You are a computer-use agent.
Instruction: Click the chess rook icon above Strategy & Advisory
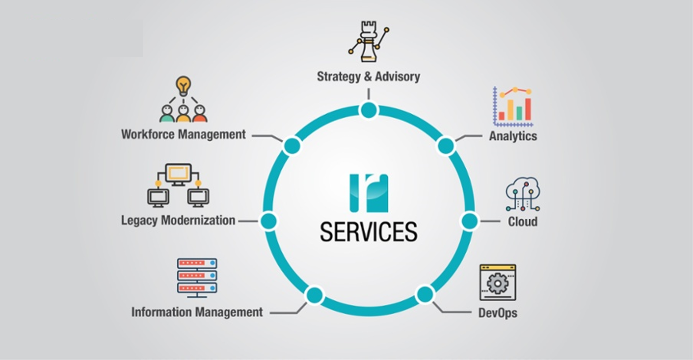pos(369,42)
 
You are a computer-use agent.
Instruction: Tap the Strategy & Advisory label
pos(368,77)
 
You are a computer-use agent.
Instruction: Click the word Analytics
pos(513,136)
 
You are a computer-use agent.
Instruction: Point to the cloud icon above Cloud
pos(523,194)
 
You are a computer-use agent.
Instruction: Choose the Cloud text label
pos(522,222)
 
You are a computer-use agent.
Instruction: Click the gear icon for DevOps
pos(498,283)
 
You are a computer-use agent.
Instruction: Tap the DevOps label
pos(498,312)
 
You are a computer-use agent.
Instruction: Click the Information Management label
pos(197,312)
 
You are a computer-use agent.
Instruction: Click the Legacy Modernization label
pos(178,220)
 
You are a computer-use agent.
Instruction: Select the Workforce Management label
pos(183,134)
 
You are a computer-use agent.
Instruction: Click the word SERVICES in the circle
pos(369,231)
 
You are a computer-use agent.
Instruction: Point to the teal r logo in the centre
pos(369,193)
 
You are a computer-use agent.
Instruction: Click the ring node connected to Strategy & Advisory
pos(369,110)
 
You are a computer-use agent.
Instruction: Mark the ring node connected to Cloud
pos(469,221)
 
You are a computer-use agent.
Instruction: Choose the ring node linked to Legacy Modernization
pos(268,221)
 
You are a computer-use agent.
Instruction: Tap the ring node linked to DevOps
pos(425,294)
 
